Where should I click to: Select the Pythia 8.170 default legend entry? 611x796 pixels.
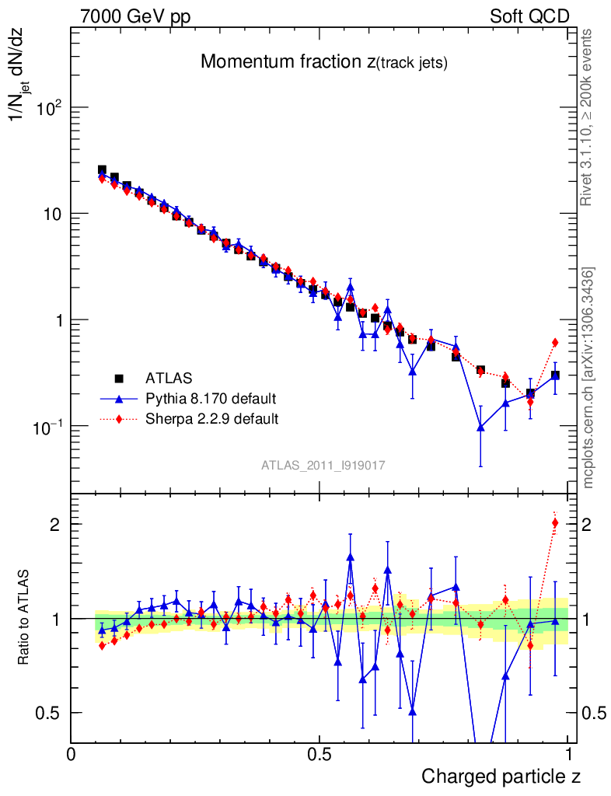click(211, 399)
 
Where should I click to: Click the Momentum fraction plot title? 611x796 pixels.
click(323, 62)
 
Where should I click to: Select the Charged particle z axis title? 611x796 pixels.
click(501, 776)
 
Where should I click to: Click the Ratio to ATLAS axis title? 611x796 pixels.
click(25, 619)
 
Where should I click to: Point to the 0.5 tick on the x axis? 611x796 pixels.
click(319, 754)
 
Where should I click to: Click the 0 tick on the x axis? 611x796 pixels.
click(72, 754)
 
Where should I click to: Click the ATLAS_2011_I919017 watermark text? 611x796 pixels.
click(323, 465)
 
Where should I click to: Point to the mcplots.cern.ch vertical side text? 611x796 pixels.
click(588, 378)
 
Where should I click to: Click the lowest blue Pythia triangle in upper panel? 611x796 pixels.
click(481, 427)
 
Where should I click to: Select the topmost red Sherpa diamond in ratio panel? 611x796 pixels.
click(555, 522)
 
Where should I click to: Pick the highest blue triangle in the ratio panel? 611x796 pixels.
click(351, 557)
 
